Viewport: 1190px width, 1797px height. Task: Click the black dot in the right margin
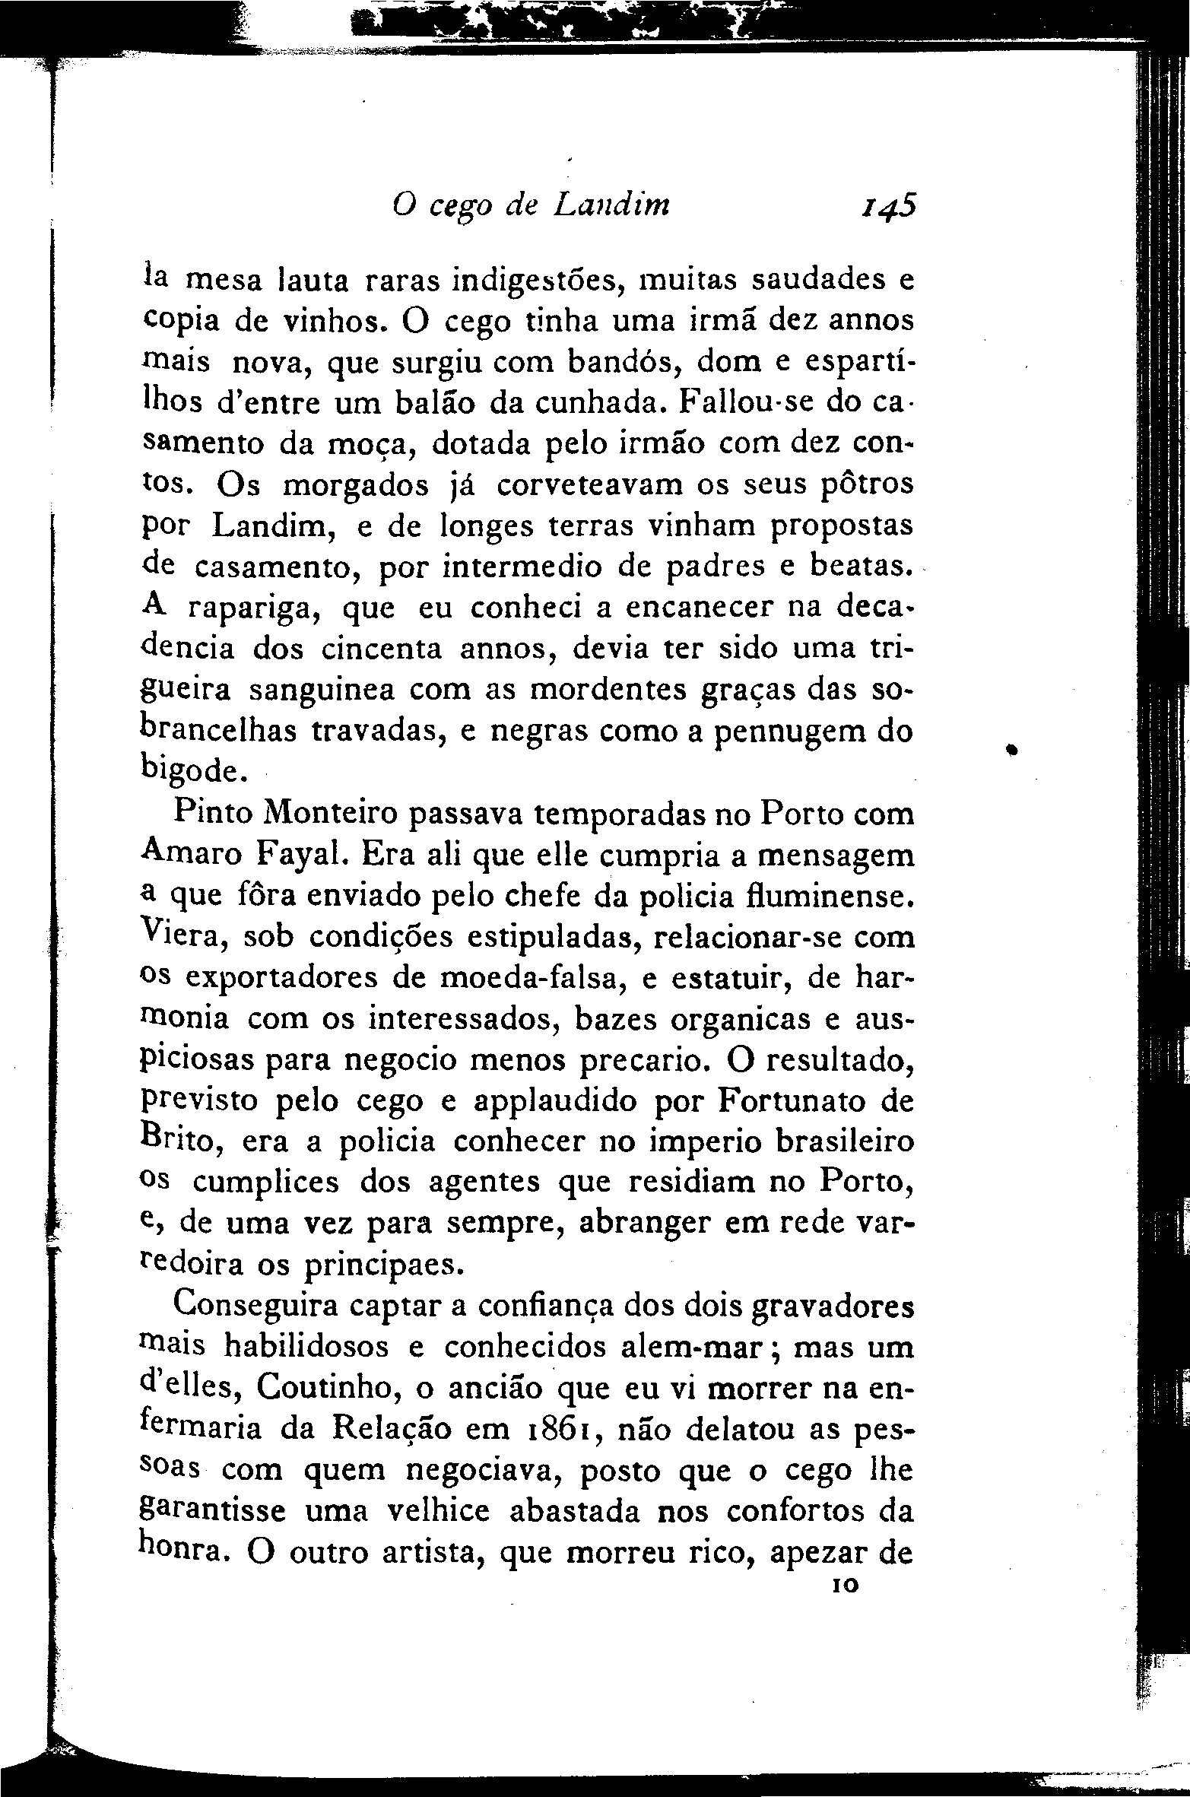click(1012, 750)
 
